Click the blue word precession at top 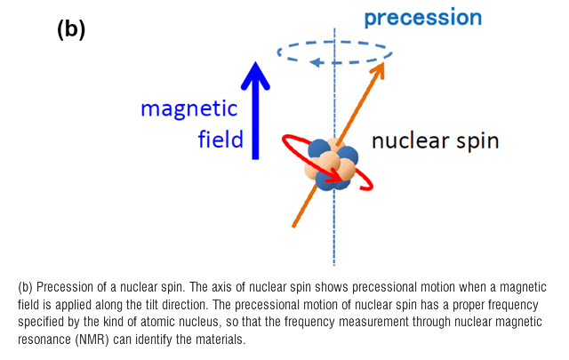pos(423,18)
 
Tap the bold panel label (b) pos(71,29)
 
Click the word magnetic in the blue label pos(189,108)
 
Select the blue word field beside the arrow pos(220,139)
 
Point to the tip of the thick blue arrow pos(255,62)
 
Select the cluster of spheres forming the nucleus pos(331,164)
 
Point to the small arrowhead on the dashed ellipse pos(317,62)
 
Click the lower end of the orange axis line pos(293,227)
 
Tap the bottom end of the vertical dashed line pos(334,265)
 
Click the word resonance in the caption pos(44,340)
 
